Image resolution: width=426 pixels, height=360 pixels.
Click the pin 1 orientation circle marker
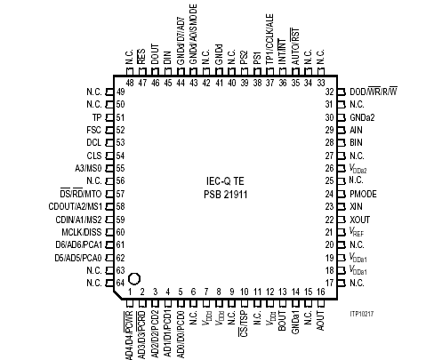click(x=134, y=279)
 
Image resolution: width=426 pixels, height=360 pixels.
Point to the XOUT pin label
click(x=359, y=218)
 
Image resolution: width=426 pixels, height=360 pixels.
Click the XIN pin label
click(x=356, y=205)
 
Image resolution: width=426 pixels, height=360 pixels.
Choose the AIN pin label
click(x=356, y=130)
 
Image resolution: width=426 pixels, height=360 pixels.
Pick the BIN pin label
click(x=356, y=142)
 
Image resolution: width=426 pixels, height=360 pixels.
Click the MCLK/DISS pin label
click(x=83, y=230)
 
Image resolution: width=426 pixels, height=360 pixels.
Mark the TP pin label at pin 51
click(x=97, y=117)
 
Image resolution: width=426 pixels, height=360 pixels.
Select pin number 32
click(x=329, y=92)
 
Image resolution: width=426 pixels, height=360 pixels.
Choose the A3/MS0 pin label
click(x=88, y=168)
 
